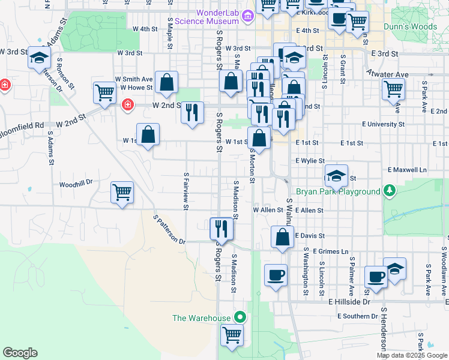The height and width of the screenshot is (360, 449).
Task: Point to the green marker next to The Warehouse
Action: pyautogui.click(x=241, y=317)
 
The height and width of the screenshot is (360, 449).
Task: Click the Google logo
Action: pyautogui.click(x=20, y=353)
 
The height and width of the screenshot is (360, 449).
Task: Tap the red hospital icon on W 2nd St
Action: pyautogui.click(x=127, y=106)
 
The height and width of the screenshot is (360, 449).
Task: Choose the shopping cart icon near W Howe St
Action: pyautogui.click(x=104, y=93)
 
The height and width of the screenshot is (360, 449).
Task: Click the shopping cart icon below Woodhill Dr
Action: pyautogui.click(x=122, y=193)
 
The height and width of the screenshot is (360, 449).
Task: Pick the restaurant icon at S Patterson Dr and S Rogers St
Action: pyautogui.click(x=221, y=228)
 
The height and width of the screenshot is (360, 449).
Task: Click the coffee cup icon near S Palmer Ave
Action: pyautogui.click(x=376, y=277)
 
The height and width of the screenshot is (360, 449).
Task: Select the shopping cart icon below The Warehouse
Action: pyautogui.click(x=232, y=335)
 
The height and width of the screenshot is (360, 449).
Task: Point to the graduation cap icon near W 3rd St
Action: pyautogui.click(x=39, y=58)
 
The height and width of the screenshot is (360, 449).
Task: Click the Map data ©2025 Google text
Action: pyautogui.click(x=411, y=355)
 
